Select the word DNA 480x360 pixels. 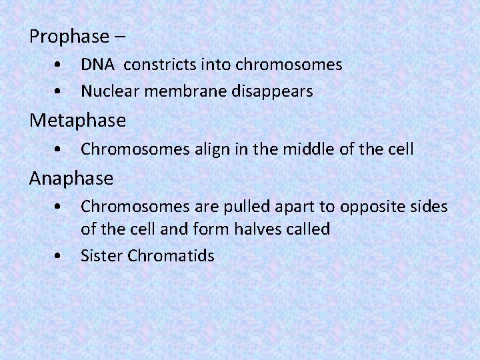pyautogui.click(x=97, y=65)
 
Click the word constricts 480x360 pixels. pyautogui.click(x=156, y=65)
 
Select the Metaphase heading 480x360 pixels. pyautogui.click(x=77, y=121)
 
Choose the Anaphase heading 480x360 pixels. pyautogui.click(x=71, y=179)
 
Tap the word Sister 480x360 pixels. pyautogui.click(x=101, y=256)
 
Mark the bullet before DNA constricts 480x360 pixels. pyautogui.click(x=60, y=65)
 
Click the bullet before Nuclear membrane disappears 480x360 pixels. pyautogui.click(x=60, y=91)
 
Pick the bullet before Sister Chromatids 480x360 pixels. pyautogui.click(x=60, y=256)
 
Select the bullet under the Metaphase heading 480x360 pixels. pyautogui.click(x=60, y=150)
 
